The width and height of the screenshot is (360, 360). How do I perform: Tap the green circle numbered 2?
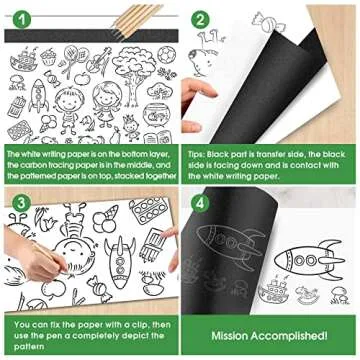tap(200, 18)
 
